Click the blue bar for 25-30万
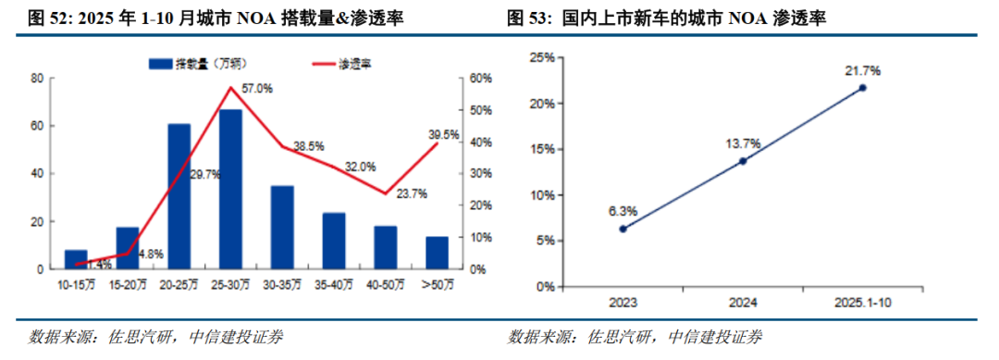coord(230,189)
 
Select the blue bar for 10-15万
coord(76,259)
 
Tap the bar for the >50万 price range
coord(437,253)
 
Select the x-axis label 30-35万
coord(282,285)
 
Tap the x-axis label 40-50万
coord(386,285)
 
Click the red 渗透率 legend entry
coord(341,63)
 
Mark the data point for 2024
coord(742,161)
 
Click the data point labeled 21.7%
coord(863,88)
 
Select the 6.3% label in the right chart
coord(623,211)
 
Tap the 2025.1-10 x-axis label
coord(863,304)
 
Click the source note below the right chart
coord(635,337)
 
